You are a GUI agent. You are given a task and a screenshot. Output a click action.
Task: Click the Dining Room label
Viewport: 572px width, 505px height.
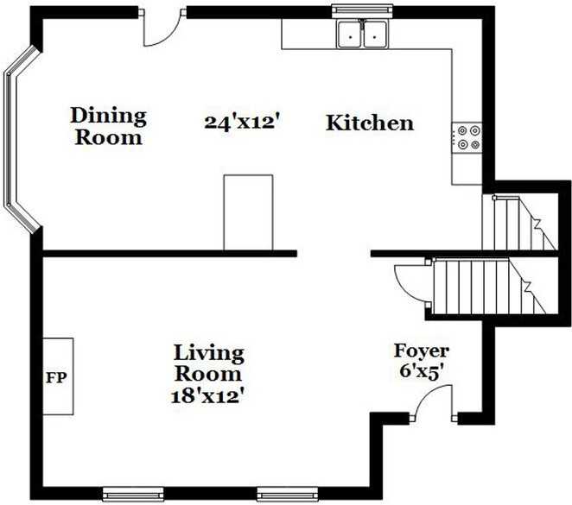[108, 126]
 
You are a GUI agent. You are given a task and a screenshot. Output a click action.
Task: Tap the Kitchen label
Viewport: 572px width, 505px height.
[369, 123]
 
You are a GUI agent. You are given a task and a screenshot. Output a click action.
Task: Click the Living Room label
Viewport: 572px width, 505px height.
[209, 363]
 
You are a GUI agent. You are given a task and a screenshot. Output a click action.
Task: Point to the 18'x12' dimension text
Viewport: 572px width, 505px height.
[209, 396]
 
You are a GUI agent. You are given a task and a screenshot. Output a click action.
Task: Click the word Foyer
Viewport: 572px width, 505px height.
[422, 350]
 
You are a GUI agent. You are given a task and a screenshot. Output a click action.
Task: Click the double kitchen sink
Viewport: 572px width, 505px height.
[362, 35]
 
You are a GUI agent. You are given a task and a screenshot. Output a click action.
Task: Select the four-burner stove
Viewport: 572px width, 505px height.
[467, 138]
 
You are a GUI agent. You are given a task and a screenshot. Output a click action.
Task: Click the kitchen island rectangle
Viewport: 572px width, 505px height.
[248, 211]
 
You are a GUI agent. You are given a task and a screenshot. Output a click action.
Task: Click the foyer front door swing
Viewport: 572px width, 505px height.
[434, 401]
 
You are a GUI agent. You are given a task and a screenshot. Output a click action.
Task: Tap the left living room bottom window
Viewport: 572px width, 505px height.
[133, 495]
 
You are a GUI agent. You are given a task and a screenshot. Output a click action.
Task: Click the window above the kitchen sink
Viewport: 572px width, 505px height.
[362, 11]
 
